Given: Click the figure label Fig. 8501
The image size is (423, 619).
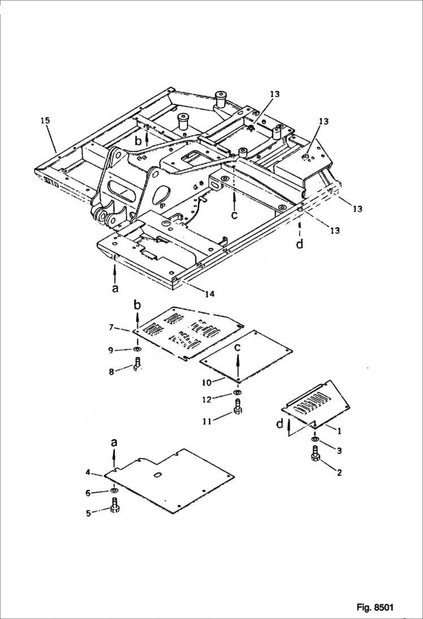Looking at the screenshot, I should (x=374, y=607).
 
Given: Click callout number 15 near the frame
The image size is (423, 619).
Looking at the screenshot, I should (x=46, y=120).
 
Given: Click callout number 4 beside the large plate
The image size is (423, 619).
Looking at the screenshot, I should (x=89, y=472).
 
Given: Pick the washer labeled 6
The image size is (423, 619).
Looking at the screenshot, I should (x=114, y=493).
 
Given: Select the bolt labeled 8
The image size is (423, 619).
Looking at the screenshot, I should (x=137, y=366).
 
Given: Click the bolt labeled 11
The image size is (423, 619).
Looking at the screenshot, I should (x=237, y=406).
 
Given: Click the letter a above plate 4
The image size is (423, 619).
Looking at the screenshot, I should (x=114, y=444).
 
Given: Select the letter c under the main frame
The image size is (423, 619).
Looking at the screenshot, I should (x=234, y=216).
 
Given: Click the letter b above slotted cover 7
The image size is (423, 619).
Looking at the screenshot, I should (x=136, y=305).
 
